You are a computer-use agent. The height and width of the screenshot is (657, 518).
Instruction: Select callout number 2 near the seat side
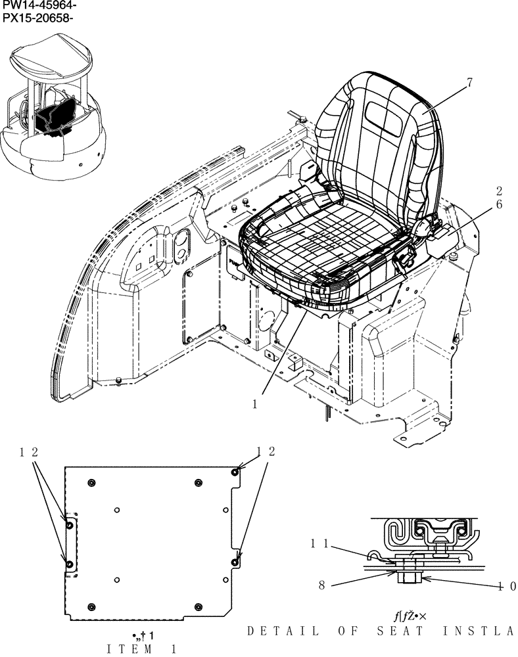[500, 191]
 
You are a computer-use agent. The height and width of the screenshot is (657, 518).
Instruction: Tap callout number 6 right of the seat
[500, 204]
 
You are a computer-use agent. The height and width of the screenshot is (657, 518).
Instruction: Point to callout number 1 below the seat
[254, 405]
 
